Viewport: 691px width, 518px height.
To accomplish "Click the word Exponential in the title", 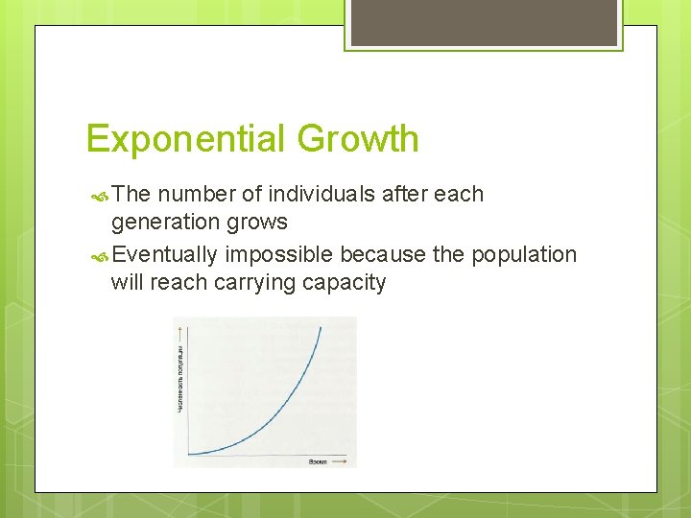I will click(186, 139).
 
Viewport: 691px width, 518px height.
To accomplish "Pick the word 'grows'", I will click(257, 223).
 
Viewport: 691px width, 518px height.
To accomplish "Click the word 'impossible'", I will click(279, 254).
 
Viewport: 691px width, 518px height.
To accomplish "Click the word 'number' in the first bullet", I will click(197, 195).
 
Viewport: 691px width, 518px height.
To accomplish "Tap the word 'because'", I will click(376, 254).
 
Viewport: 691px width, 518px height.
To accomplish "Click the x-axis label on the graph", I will click(316, 461).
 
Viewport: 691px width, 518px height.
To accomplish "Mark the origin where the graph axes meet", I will click(188, 454).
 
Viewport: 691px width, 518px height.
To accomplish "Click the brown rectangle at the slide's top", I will click(484, 22).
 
